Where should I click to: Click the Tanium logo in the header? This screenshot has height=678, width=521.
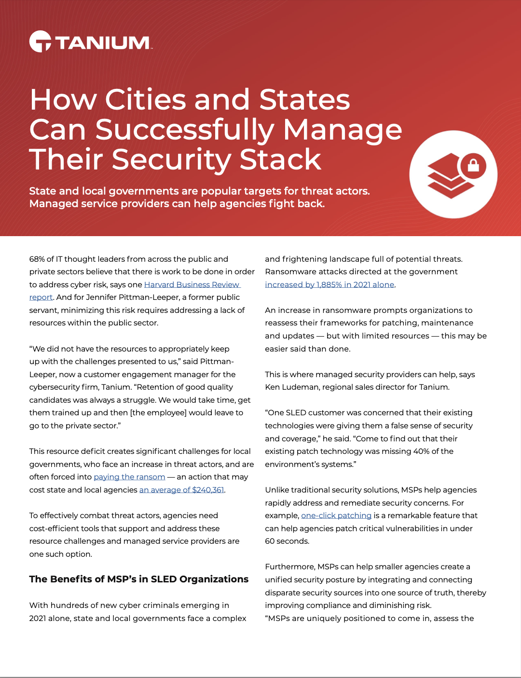pos(90,42)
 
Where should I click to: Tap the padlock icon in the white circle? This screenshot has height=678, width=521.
pos(473,166)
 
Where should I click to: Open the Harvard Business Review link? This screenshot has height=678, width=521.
pos(192,284)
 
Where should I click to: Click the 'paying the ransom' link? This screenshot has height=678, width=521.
pos(129,477)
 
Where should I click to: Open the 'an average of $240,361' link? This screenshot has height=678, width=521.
pos(181,490)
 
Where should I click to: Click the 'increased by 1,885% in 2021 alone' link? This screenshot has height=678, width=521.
pos(329,284)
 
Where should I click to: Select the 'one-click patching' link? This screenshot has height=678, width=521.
pos(336,515)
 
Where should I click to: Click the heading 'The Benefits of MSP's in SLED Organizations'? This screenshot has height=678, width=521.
pos(138,579)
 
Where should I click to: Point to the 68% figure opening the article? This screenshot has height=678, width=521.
pos(37,259)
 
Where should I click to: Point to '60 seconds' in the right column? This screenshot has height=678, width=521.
pos(287,541)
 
